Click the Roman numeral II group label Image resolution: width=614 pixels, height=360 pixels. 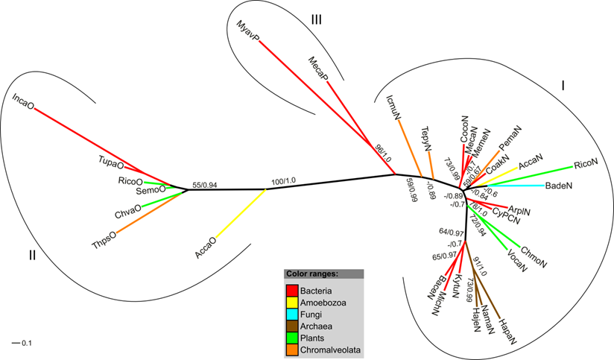coord(32,256)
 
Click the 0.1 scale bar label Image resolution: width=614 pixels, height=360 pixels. coord(25,343)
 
